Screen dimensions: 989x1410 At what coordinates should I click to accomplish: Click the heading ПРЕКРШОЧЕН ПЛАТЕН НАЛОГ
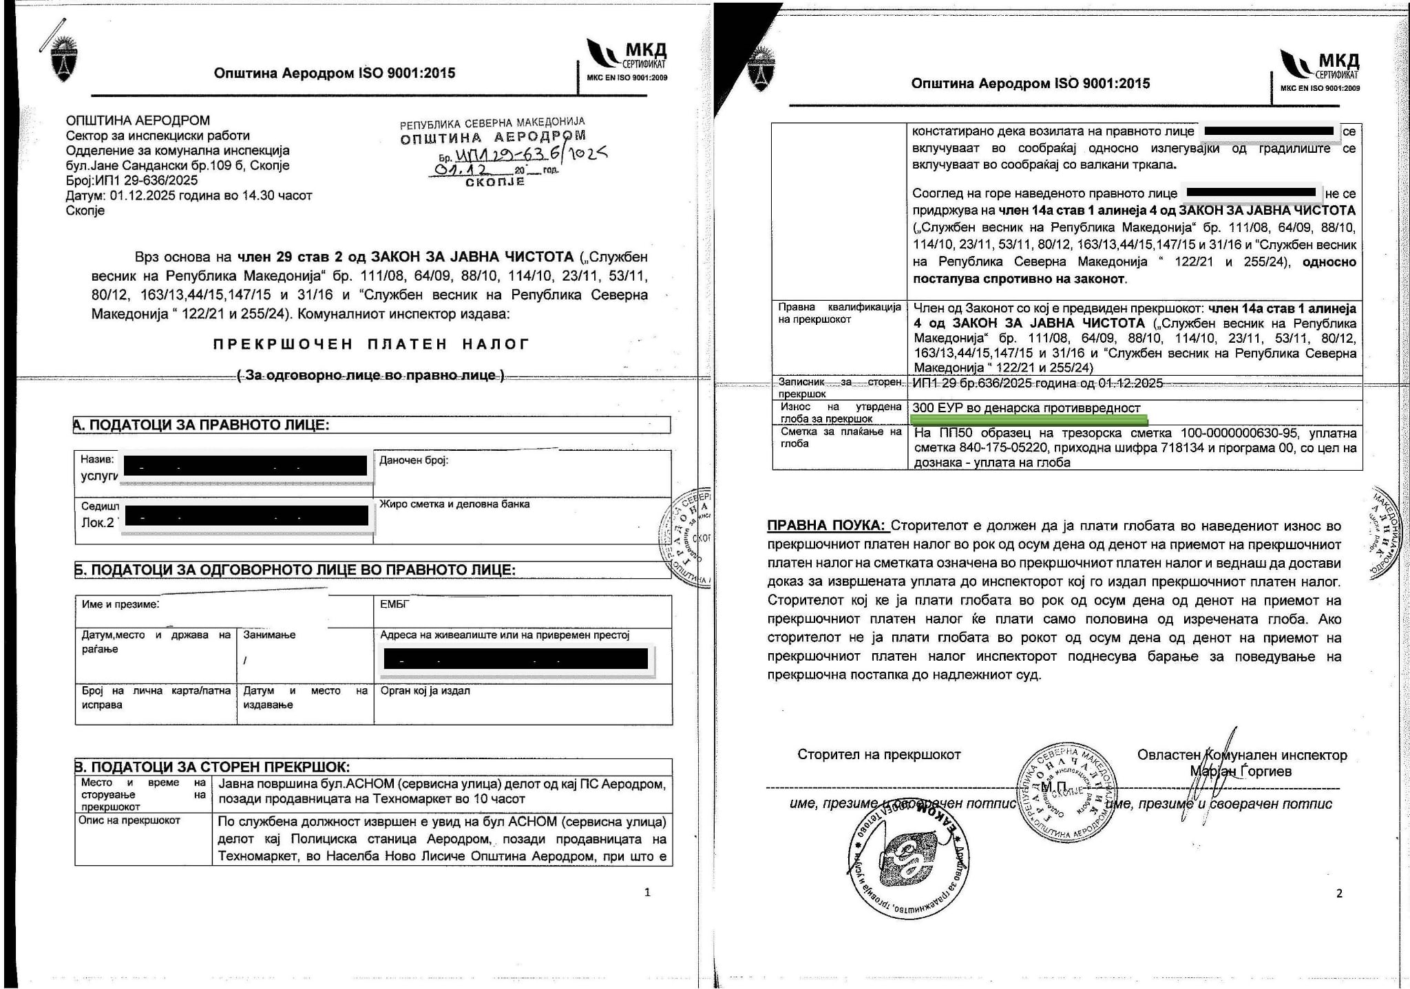click(x=371, y=344)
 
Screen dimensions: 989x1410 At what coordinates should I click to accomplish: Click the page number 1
click(x=646, y=893)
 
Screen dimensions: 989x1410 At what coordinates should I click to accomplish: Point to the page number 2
click(x=1338, y=893)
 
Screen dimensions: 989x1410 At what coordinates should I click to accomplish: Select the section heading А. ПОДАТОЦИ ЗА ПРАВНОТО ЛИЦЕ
click(x=201, y=425)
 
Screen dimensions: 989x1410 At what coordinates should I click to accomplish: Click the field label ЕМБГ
click(x=394, y=604)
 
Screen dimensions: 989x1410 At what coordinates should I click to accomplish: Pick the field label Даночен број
click(x=413, y=460)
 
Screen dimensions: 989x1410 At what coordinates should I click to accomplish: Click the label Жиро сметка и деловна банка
click(x=454, y=504)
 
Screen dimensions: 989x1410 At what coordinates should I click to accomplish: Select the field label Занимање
click(x=269, y=635)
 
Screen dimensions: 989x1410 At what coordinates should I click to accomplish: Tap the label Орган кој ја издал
click(x=425, y=690)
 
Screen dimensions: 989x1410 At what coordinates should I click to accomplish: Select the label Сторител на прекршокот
click(x=878, y=754)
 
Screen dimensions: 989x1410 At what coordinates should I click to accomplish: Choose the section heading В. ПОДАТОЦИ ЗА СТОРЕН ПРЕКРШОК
click(x=212, y=767)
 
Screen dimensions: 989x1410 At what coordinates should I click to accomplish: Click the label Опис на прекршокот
click(x=129, y=820)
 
